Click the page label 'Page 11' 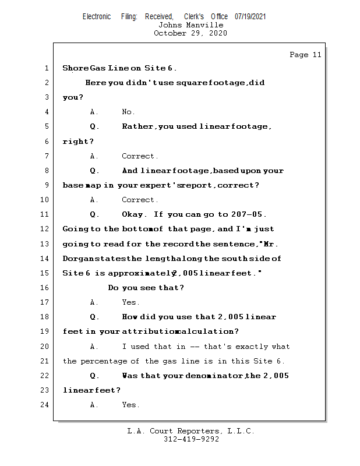(x=305, y=55)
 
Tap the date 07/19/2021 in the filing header (x=250, y=17)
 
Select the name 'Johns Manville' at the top (x=190, y=25)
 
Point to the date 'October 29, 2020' (x=190, y=33)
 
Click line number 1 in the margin (x=47, y=68)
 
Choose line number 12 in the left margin (x=45, y=229)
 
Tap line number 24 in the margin (x=45, y=405)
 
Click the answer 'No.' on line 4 (x=128, y=112)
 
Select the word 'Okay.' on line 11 (x=135, y=214)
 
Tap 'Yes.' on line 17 (x=130, y=302)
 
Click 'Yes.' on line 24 (x=130, y=405)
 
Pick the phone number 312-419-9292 (x=191, y=439)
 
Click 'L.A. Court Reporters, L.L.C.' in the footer (x=191, y=431)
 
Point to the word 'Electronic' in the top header (x=97, y=17)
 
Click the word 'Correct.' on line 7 (x=140, y=156)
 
